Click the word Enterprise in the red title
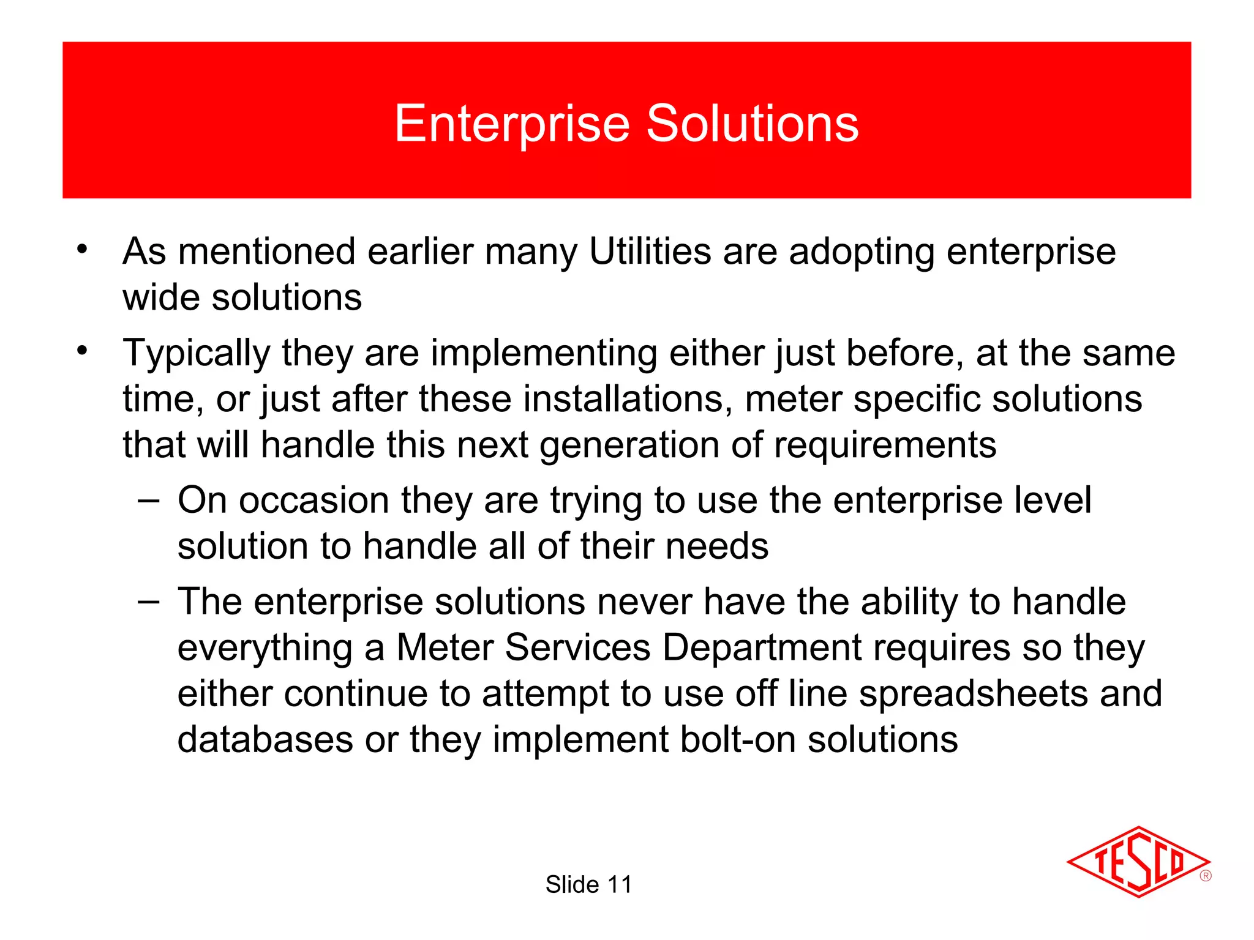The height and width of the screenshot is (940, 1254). tap(512, 124)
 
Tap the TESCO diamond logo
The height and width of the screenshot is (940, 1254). tap(1138, 862)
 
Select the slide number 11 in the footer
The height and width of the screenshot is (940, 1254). tap(619, 885)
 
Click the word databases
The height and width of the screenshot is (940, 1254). tap(265, 739)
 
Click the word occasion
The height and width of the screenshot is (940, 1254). tap(313, 501)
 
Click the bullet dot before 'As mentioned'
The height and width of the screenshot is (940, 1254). tap(82, 249)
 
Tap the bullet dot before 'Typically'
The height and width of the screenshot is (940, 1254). tap(82, 351)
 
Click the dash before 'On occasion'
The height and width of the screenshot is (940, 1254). tap(149, 499)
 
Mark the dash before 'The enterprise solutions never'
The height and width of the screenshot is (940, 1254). tap(149, 601)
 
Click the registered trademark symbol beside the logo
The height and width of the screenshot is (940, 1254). tap(1205, 876)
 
